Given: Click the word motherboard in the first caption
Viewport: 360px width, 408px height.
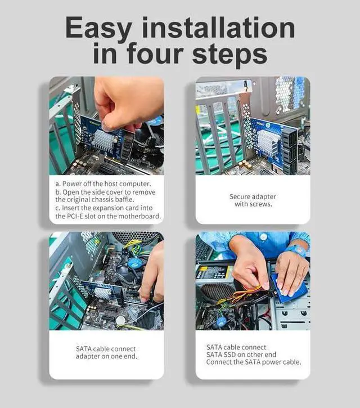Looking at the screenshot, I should tap(138, 216).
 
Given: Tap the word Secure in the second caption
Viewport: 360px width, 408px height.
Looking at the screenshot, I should tap(241, 196).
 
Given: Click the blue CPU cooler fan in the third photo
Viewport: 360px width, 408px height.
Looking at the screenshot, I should tap(133, 263).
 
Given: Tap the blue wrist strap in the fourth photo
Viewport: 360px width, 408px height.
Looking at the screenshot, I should tap(298, 250).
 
